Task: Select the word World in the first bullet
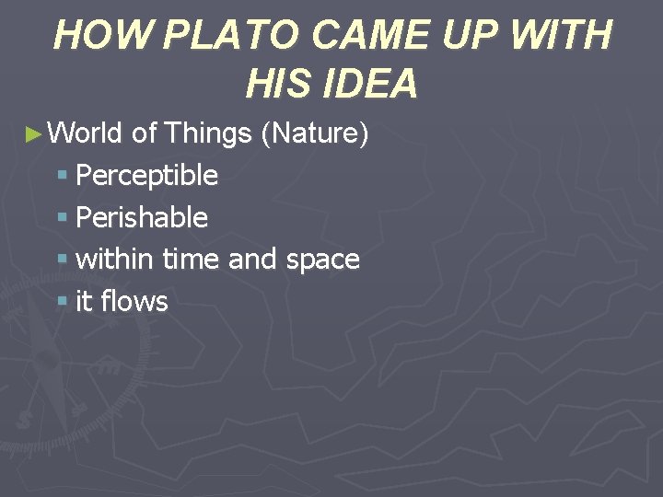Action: coord(86,133)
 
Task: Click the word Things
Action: coord(207,133)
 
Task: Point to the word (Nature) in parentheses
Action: coord(315,133)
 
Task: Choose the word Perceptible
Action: coord(147,176)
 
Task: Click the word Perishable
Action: coord(142,217)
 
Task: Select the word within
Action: coord(114,260)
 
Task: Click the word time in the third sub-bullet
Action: coord(192,260)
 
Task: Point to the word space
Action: coord(322,260)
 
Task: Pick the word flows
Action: coord(135,301)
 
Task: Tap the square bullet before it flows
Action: coord(63,302)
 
